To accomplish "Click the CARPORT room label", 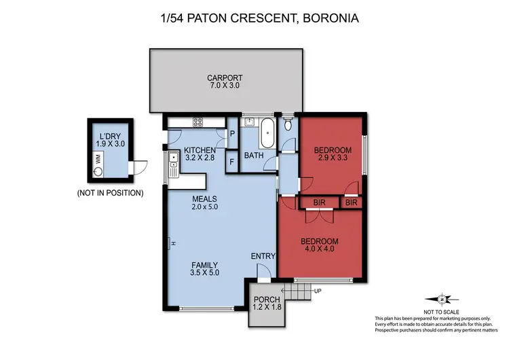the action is pos(225,78).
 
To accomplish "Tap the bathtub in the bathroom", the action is pos(267,132).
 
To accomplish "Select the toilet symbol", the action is pos(288,124).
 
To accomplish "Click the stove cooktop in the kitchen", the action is pos(197,122).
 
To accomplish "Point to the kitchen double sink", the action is pos(173,164).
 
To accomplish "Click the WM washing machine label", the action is pos(98,159).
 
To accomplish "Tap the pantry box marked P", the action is pos(232,134).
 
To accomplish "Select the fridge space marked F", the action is pos(232,162).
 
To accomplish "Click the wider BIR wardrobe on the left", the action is pos(319,202).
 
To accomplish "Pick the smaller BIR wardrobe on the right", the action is pos(352,202).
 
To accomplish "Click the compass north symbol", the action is pos(442,300).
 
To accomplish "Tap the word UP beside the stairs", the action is pos(318,291).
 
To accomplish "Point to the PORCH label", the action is pos(267,300).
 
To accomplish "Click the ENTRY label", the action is pos(263,256).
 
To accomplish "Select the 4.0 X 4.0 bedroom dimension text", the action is pos(320,249).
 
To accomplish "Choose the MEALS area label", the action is pos(204,199).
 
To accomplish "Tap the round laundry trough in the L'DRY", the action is pos(98,171).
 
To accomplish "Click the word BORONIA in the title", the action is pos(331,18).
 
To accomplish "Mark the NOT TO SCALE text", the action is pos(441,312).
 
